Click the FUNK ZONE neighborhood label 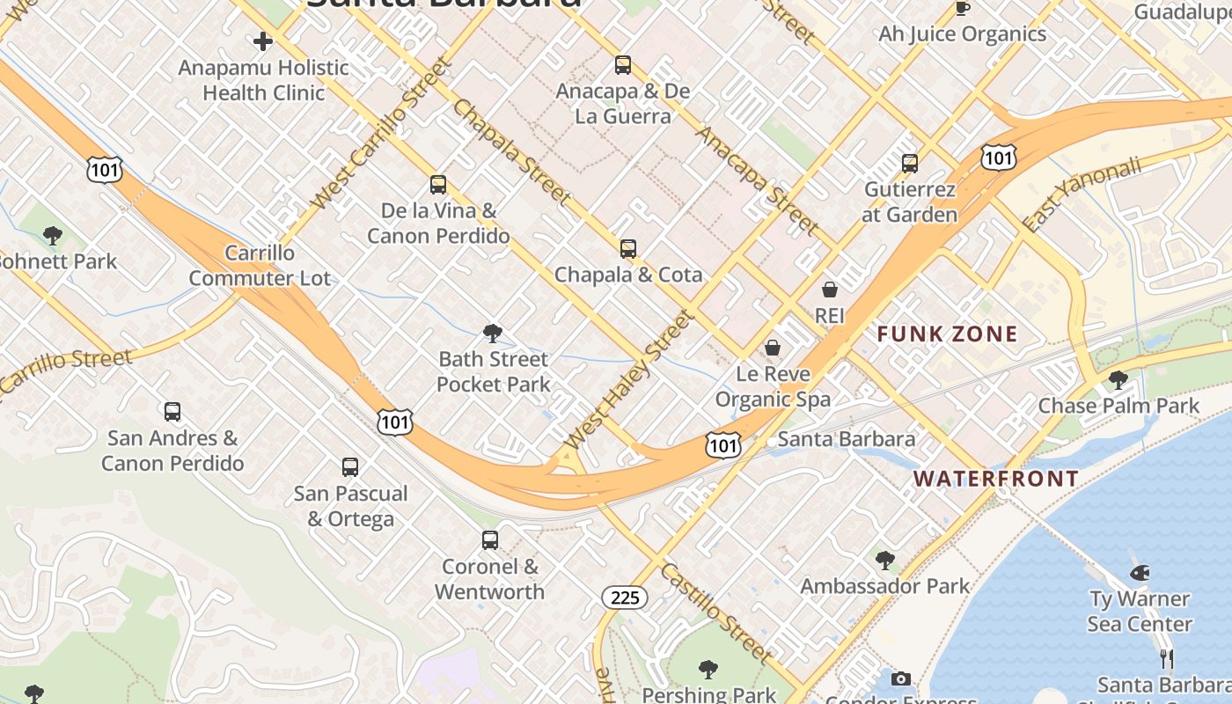[x=947, y=334]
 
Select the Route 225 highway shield [x=625, y=598]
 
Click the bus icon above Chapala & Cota [x=627, y=249]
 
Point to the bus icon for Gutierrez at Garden [x=910, y=164]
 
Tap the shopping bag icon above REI [x=829, y=289]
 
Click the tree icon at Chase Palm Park [x=1118, y=380]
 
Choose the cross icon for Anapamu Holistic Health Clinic [x=262, y=41]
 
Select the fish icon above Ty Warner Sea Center [x=1140, y=573]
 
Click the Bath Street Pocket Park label [x=493, y=371]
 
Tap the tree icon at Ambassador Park [x=884, y=560]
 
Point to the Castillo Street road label [x=716, y=613]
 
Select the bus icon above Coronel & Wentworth [x=489, y=540]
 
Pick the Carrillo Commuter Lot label [x=260, y=266]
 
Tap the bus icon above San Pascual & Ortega [x=350, y=467]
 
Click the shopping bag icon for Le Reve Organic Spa [x=772, y=348]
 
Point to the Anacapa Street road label [x=757, y=180]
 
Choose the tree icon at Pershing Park [x=708, y=670]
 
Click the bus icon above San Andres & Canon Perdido [x=172, y=412]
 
